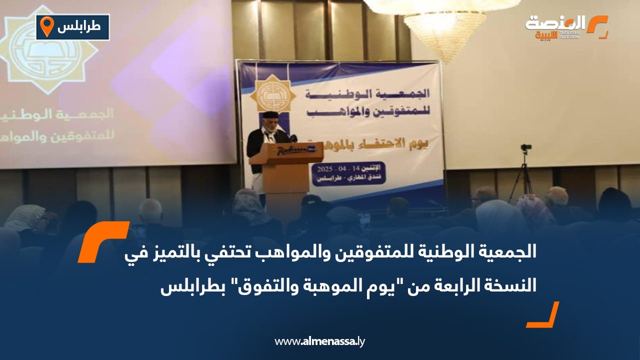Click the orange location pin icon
[x=46, y=26]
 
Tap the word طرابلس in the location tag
[x=79, y=27]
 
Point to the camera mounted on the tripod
[x=525, y=148]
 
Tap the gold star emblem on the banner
[x=272, y=93]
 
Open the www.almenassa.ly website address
[x=320, y=341]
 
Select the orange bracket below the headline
[x=542, y=315]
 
